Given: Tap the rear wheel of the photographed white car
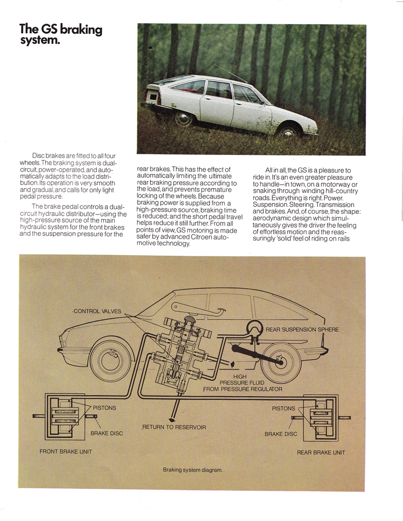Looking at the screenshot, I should (184, 118).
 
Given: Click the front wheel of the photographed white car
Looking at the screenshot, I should (289, 132).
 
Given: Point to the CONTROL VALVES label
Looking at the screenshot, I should (98, 311).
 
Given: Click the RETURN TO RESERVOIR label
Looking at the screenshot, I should (174, 427).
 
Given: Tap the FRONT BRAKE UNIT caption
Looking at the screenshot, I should (66, 452).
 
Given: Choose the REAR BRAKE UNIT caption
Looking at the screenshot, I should (321, 452).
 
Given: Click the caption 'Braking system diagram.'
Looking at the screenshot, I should (192, 470).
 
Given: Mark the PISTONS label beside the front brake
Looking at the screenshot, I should (104, 408).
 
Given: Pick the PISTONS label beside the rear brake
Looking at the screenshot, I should (284, 408).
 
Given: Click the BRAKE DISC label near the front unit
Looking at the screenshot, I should (106, 433).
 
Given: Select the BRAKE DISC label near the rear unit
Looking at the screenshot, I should (281, 433).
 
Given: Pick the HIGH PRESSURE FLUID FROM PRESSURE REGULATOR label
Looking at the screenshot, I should (242, 383).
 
